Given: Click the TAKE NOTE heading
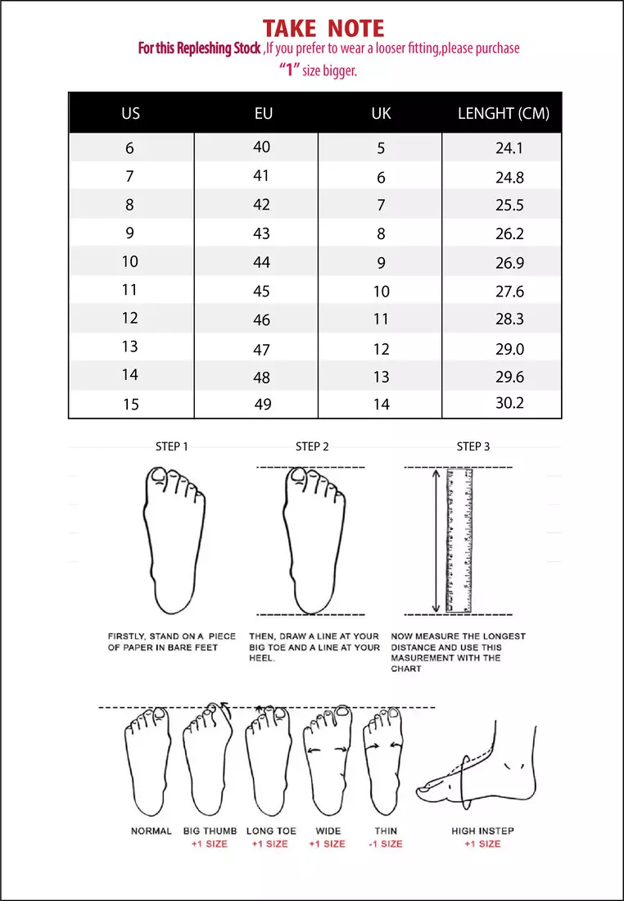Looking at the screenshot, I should [323, 29].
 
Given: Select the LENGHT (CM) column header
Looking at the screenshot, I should [503, 113].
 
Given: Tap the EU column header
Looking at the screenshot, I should [263, 113].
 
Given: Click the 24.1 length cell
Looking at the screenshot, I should [509, 148].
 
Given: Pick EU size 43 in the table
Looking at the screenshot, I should [261, 233].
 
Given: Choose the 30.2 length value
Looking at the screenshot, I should [509, 403].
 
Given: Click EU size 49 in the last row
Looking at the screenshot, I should [261, 404].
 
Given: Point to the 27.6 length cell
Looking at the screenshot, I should [509, 292].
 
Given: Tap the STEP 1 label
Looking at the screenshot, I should [172, 446].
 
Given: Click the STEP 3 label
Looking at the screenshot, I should [473, 446].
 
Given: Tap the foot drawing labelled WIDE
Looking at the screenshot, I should [328, 758].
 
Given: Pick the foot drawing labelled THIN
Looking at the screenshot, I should [384, 758].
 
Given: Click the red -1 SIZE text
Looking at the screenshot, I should [385, 844].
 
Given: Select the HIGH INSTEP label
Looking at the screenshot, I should [482, 831].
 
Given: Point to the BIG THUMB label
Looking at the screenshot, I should [210, 831].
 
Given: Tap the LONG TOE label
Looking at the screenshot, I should [270, 831].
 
